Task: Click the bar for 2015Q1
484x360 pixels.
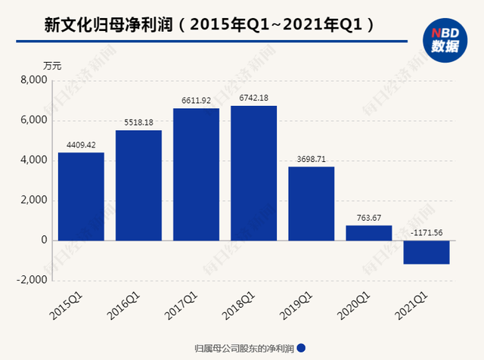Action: [81, 196]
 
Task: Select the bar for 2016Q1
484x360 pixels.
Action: [138, 185]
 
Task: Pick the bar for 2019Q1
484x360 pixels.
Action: [311, 203]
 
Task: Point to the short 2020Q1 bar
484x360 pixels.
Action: [368, 232]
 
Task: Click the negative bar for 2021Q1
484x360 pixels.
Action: [426, 252]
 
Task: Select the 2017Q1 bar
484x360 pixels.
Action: [196, 174]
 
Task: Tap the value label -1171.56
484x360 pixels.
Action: [426, 231]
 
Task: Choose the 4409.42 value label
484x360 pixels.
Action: [81, 144]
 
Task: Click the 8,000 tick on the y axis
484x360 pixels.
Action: [34, 81]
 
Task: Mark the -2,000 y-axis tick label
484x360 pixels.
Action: [33, 280]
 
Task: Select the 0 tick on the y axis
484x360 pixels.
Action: [44, 241]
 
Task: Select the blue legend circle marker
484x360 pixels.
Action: [302, 348]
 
